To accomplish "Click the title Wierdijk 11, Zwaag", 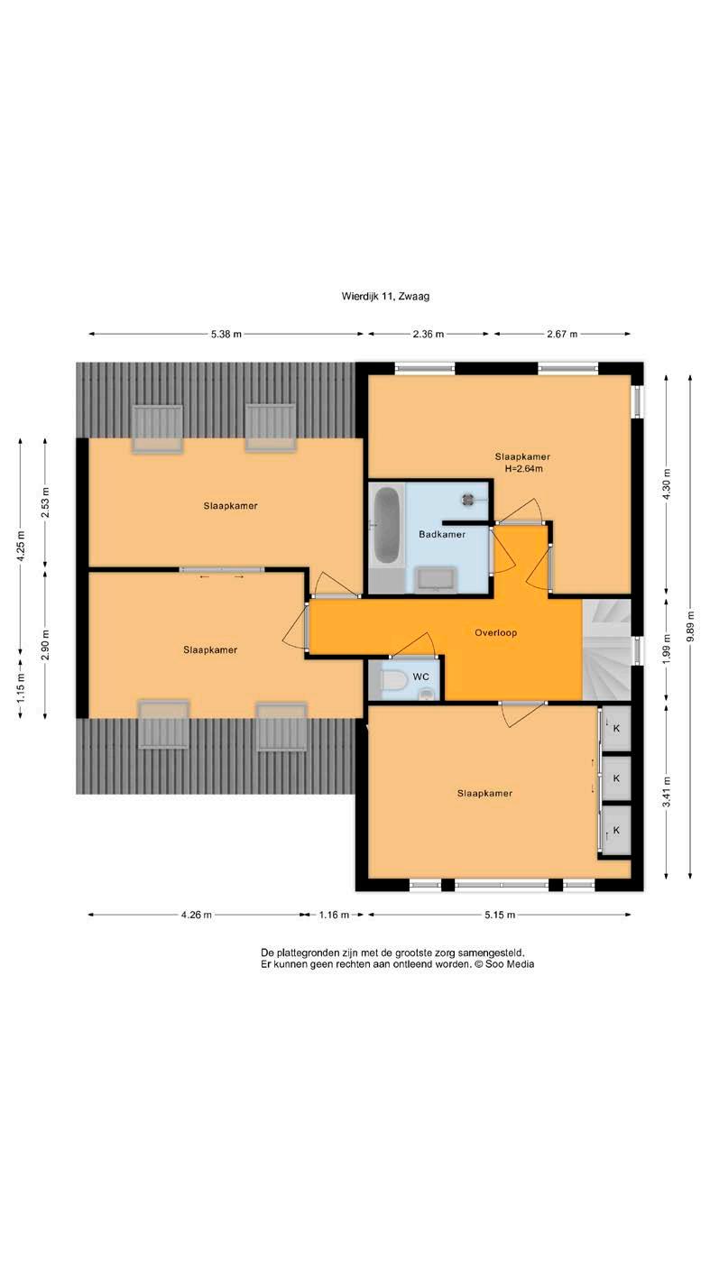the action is coord(377,290).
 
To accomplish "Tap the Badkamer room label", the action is coord(433,523).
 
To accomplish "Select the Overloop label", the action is coord(485,620).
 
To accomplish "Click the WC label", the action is coord(412,663).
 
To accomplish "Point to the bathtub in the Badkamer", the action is coord(378,516).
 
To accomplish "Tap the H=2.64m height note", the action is coord(512,458).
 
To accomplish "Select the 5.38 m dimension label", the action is coord(221,327).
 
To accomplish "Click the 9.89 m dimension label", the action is coord(676,611).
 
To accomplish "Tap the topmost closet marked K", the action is coord(604,713).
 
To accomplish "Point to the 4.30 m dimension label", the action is coord(652,474).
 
